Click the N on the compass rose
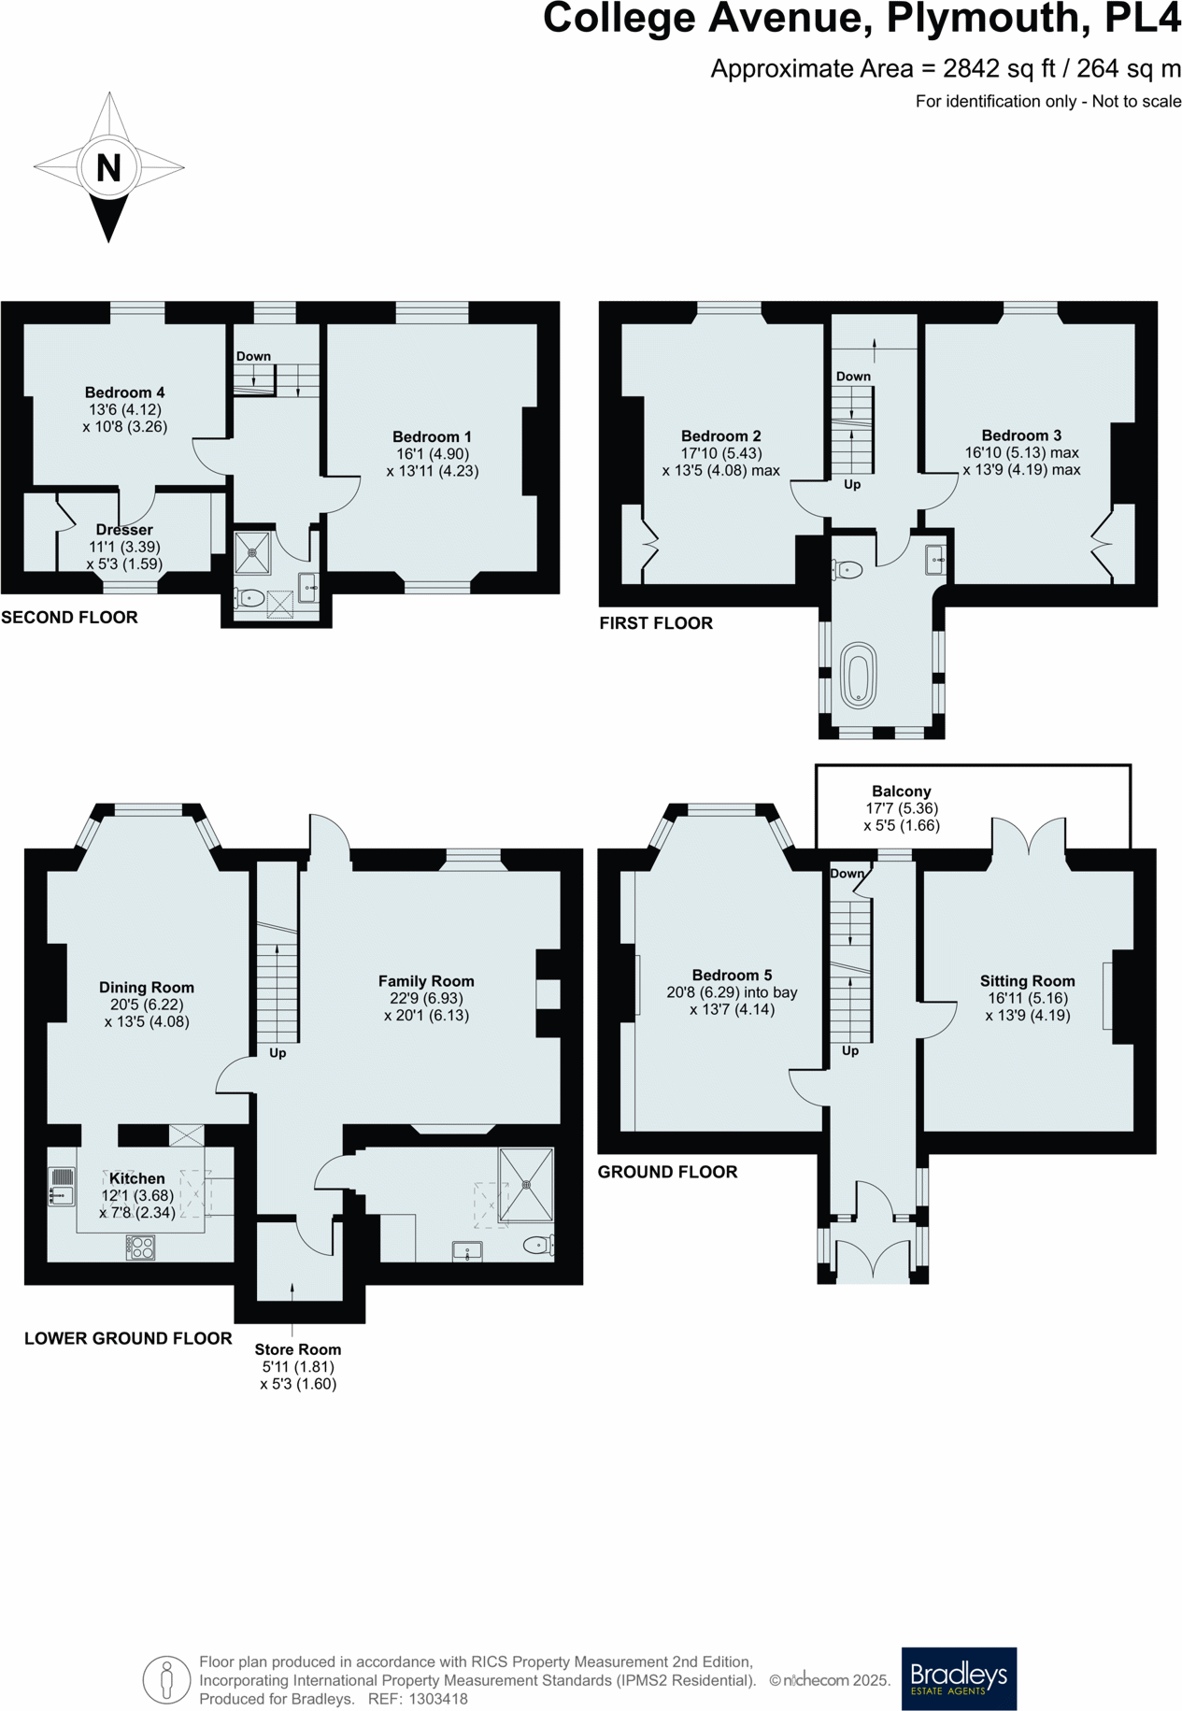point(108,167)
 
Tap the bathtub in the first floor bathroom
point(859,674)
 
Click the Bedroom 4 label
point(124,392)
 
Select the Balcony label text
point(901,791)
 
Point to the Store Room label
point(297,1349)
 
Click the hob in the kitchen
point(140,1247)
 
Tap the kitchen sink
point(62,1186)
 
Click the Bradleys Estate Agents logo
point(958,1678)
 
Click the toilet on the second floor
point(249,596)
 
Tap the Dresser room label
point(124,530)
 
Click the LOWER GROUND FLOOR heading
point(128,1338)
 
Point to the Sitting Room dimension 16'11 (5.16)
point(1028,998)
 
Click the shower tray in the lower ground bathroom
point(526,1185)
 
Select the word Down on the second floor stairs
point(253,356)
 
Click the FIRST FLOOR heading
point(656,623)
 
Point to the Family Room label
point(426,981)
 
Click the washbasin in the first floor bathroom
point(935,561)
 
